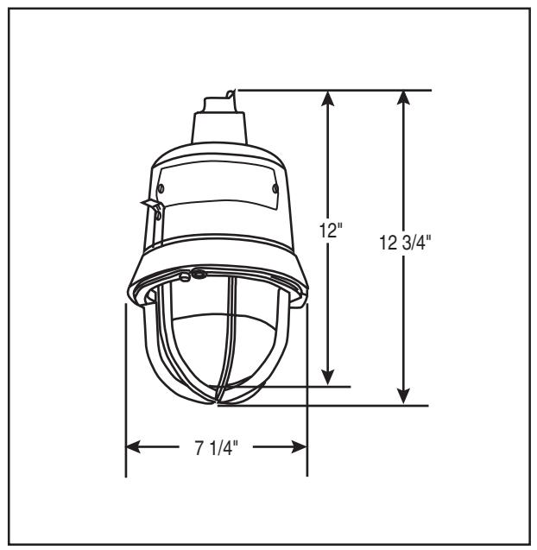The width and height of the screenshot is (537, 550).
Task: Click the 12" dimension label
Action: pos(331,231)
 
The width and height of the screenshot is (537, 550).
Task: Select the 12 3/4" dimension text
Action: pos(405,243)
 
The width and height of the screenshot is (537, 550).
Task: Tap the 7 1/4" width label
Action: pos(217,448)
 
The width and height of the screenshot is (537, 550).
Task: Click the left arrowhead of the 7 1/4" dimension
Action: pos(134,447)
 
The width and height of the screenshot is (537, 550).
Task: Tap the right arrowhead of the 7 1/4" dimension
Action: pos(300,447)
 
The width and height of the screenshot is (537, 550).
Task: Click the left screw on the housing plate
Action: pos(161,188)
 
